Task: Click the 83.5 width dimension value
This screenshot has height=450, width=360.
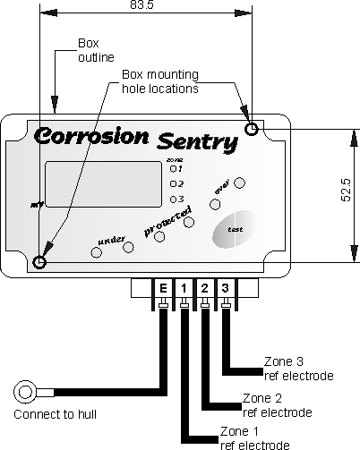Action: [x=141, y=4]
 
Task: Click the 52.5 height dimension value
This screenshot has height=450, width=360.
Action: [x=346, y=191]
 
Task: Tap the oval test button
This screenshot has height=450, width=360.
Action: [x=235, y=229]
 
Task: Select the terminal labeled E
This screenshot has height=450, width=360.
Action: [x=163, y=288]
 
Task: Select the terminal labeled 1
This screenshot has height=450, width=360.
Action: [x=184, y=288]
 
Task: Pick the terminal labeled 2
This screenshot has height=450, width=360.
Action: [x=204, y=288]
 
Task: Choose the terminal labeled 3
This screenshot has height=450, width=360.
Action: [x=225, y=288]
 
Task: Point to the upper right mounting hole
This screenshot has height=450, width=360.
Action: [x=252, y=129]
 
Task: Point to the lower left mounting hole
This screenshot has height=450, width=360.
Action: [x=39, y=262]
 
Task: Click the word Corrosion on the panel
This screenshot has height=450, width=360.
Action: [x=91, y=136]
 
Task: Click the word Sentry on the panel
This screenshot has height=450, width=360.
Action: [x=197, y=142]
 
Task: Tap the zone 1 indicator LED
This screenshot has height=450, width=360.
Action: [x=173, y=169]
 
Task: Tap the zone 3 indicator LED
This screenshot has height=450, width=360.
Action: [x=173, y=200]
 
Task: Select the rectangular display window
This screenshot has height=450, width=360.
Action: [x=103, y=184]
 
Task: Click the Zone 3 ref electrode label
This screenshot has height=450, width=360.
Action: [x=298, y=369]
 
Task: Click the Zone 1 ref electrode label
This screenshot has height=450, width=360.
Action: [x=254, y=438]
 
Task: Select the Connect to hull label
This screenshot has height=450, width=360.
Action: [x=55, y=414]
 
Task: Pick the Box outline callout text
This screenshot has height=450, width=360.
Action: [x=96, y=50]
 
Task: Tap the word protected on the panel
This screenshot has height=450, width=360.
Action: [x=167, y=221]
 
